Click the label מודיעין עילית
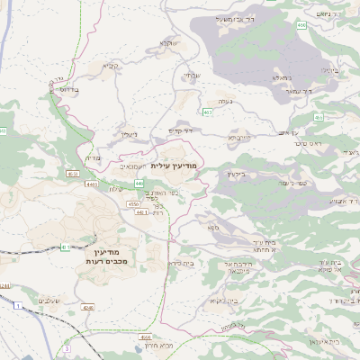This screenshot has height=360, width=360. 174,167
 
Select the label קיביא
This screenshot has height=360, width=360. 110,66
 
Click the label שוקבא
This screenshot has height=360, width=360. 167,42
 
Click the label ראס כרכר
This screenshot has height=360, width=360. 312,143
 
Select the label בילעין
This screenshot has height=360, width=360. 235,174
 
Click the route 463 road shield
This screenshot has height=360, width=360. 208,112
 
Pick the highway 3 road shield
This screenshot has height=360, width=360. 67,346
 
